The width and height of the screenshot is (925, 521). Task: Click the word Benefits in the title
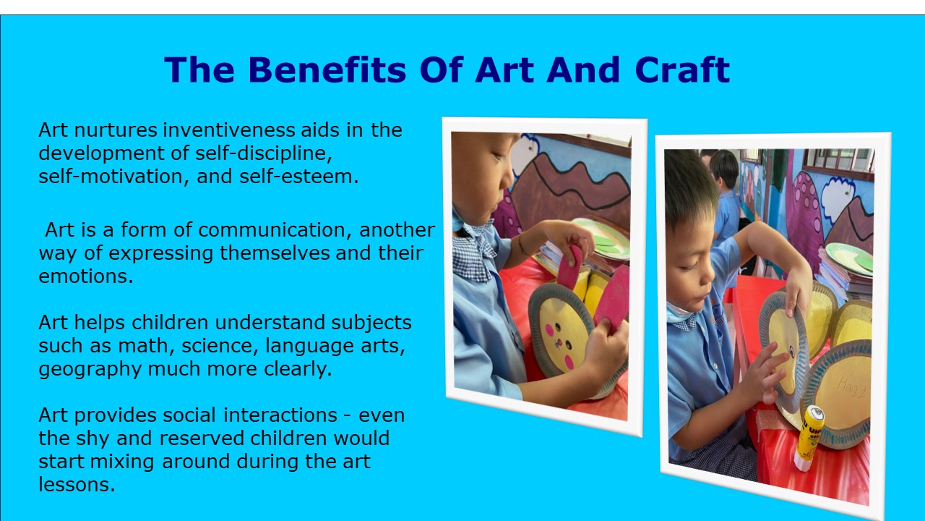[x=327, y=69]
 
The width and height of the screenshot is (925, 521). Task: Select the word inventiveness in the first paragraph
[x=229, y=130]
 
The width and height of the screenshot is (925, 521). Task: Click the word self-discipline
[x=264, y=153]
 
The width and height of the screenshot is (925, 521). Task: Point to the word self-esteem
[x=299, y=176]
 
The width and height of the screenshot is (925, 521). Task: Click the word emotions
[x=86, y=276]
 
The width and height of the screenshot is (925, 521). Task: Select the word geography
[x=90, y=369]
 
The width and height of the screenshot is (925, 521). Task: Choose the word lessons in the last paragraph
[x=77, y=485]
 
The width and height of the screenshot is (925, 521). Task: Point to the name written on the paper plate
[x=852, y=387]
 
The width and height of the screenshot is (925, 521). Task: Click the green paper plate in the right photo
[x=850, y=258]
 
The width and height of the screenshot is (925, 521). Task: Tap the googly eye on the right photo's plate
[x=792, y=352]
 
